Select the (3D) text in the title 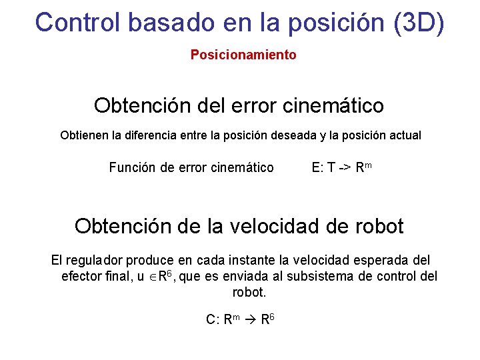coord(418,21)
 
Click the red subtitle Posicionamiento coord(243,55)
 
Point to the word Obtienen coord(85,135)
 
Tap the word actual coord(404,135)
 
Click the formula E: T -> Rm coord(341,167)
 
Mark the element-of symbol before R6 coord(152,277)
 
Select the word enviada coord(248,276)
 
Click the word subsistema coord(343,276)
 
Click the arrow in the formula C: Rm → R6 coord(246,319)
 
